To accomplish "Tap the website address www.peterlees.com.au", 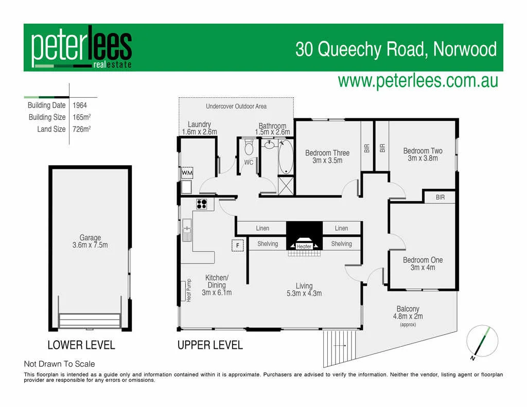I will [x=417, y=81].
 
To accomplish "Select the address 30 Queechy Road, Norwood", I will [x=396, y=49].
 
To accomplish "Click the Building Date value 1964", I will [x=80, y=105].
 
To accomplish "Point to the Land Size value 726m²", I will [x=82, y=129].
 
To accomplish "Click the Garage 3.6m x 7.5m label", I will [x=90, y=241].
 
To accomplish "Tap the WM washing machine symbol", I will [x=186, y=172].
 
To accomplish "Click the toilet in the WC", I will [x=249, y=149].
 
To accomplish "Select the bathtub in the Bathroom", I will [x=286, y=157].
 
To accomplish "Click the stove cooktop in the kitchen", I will [x=201, y=204].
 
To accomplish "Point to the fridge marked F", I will [x=237, y=245].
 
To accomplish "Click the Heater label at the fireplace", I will [x=304, y=246].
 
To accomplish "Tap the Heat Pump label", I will [x=188, y=290].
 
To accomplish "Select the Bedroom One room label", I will [x=423, y=263].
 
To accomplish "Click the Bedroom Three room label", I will [x=327, y=156].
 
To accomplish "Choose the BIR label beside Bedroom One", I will [x=440, y=197].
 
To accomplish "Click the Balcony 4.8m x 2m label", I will [x=408, y=313].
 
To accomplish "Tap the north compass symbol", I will [x=482, y=342].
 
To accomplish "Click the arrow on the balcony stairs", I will [x=340, y=346].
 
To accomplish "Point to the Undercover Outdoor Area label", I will [x=236, y=107].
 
